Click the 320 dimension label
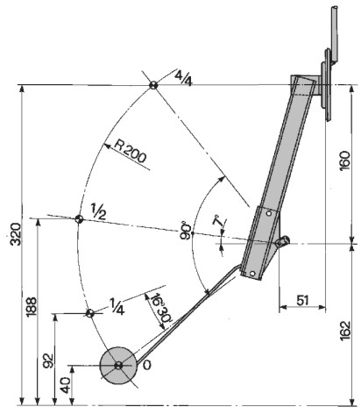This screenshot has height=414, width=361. [16, 234]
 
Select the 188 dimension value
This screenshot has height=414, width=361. [32, 307]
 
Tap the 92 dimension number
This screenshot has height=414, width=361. [48, 361]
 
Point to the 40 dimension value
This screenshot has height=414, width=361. [66, 385]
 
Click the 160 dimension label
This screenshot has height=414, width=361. [345, 161]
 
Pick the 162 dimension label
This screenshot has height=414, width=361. [345, 331]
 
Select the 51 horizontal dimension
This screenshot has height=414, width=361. [302, 300]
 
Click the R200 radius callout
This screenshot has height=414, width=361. [130, 151]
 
